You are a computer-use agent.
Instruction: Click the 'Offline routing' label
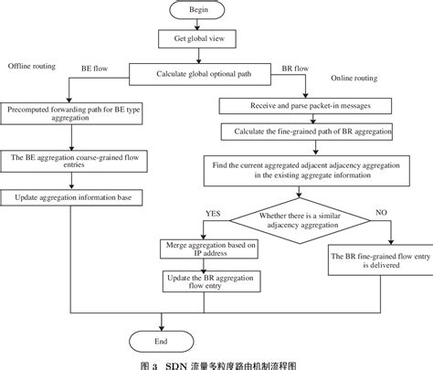pyautogui.click(x=32, y=67)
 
